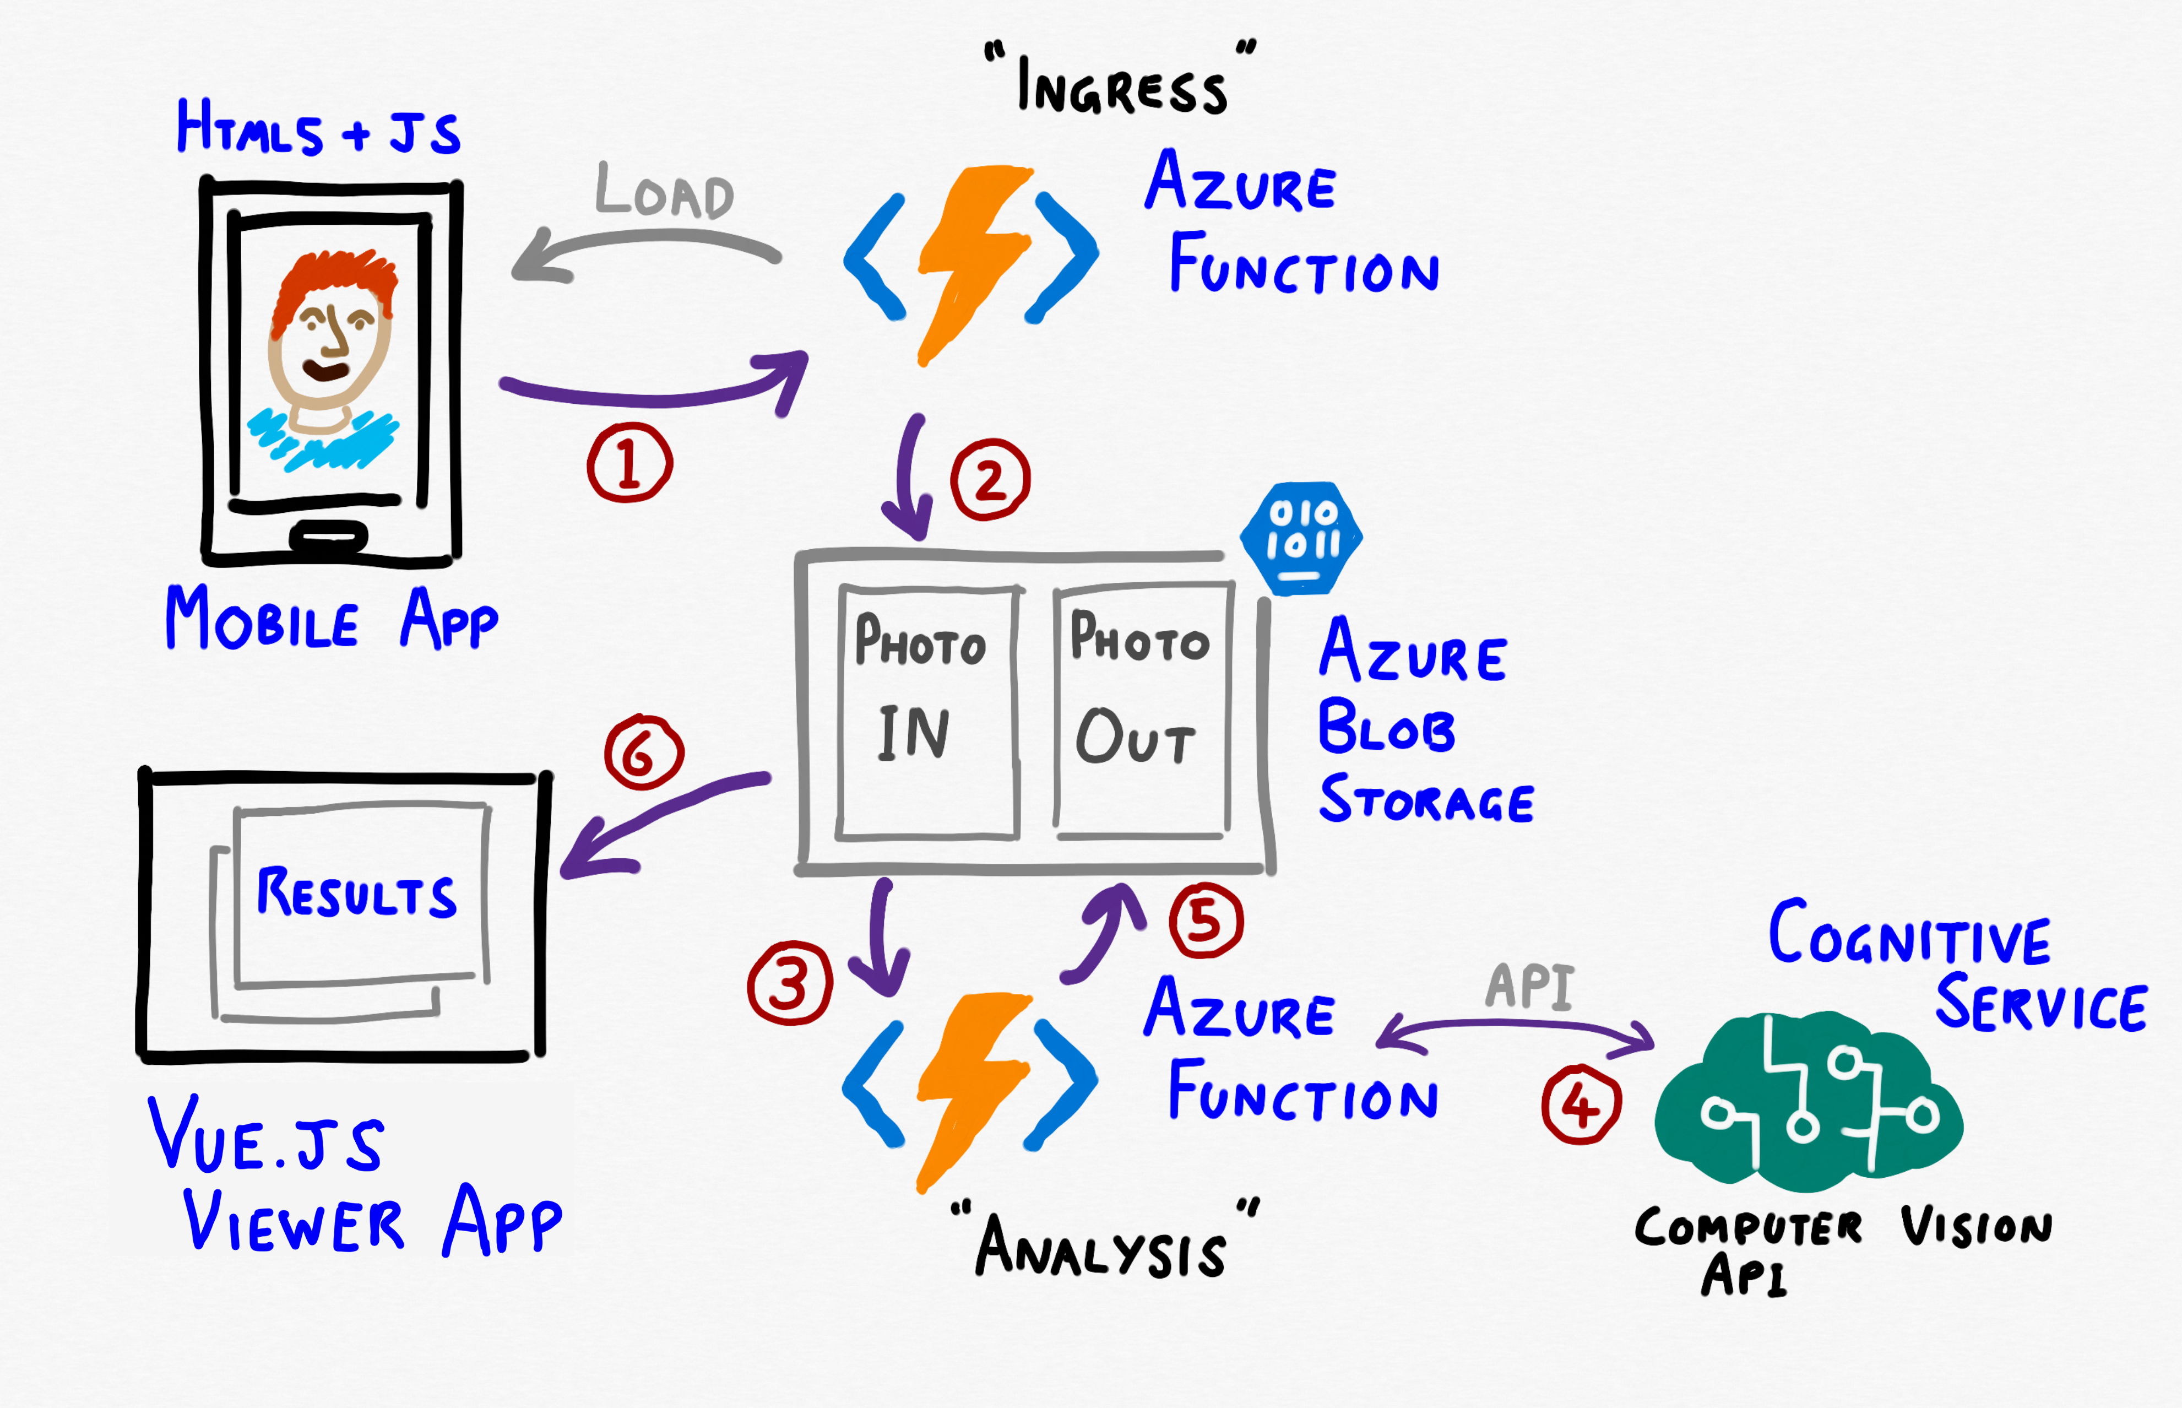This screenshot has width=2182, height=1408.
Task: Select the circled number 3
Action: pyautogui.click(x=790, y=983)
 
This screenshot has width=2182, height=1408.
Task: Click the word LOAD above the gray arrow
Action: pyautogui.click(x=665, y=192)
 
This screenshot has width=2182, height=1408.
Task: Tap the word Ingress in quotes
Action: pyautogui.click(x=1122, y=87)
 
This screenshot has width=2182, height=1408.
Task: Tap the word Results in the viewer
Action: pyautogui.click(x=356, y=893)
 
